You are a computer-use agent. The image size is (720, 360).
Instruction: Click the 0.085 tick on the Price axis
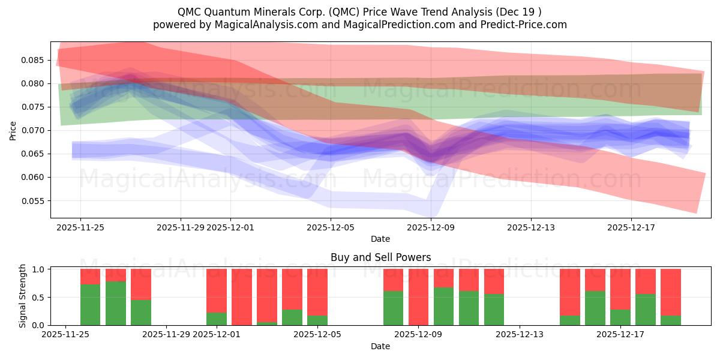[x=34, y=60]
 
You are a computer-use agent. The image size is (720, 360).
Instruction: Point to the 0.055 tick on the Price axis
[x=34, y=201]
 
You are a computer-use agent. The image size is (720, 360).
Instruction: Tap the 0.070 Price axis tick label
[x=34, y=130]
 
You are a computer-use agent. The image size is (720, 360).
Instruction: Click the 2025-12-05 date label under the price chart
[x=331, y=227]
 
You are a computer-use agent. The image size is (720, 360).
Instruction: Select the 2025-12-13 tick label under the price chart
[x=530, y=227]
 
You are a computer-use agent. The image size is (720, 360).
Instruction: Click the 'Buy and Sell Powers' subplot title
[x=380, y=257]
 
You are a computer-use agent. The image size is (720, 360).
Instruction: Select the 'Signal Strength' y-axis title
[x=23, y=296]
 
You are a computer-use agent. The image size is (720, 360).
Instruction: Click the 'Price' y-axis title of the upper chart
[x=13, y=130]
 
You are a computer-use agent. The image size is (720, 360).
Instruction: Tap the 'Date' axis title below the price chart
[x=380, y=239]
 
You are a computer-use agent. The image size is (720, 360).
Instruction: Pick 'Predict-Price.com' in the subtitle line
[x=524, y=25]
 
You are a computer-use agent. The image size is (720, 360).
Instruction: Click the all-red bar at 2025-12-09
[x=418, y=297]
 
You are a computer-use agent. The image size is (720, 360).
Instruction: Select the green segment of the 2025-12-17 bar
[x=620, y=317]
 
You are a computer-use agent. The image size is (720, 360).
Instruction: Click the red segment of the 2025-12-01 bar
[x=217, y=290]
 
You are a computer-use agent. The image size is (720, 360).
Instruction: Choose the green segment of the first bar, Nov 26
[x=90, y=305]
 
